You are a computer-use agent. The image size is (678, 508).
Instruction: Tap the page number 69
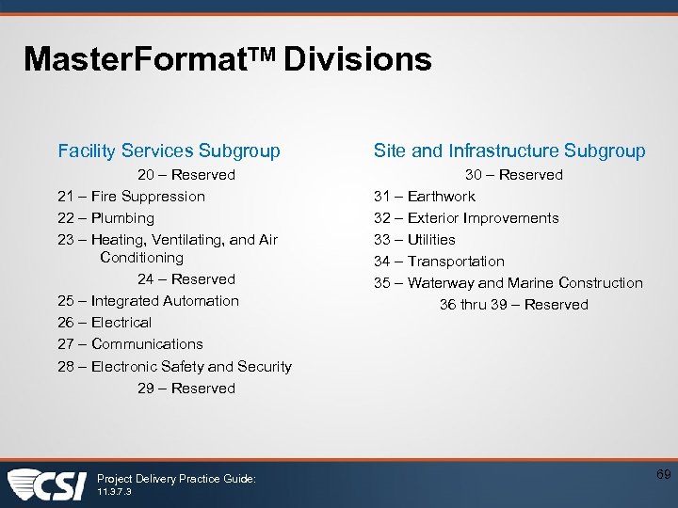click(x=663, y=475)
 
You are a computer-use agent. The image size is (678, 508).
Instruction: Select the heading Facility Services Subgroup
click(x=169, y=151)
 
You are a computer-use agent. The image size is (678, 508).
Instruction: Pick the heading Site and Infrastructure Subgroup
click(x=509, y=151)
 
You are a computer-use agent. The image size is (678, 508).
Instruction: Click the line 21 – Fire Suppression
click(x=131, y=197)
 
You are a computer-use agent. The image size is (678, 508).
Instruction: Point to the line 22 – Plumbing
click(x=105, y=218)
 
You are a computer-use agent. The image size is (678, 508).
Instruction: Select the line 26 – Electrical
click(x=105, y=323)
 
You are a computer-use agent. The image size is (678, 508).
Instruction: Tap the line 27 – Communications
click(x=130, y=344)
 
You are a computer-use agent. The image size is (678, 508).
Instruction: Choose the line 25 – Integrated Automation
click(x=148, y=301)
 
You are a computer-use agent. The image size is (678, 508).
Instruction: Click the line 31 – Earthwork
click(x=425, y=197)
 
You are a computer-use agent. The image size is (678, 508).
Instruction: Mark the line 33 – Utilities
click(x=414, y=240)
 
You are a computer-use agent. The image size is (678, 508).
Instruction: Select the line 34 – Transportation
click(x=439, y=262)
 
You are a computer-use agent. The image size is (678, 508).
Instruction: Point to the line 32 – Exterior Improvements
click(x=466, y=218)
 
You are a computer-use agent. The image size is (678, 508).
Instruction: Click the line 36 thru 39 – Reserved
click(x=514, y=305)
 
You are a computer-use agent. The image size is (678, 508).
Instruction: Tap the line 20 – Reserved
click(x=186, y=175)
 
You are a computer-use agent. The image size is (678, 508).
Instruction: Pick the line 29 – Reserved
click(x=186, y=389)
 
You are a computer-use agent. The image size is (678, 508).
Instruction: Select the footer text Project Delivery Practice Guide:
click(x=176, y=479)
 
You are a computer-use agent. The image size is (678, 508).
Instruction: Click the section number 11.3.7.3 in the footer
click(x=115, y=491)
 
